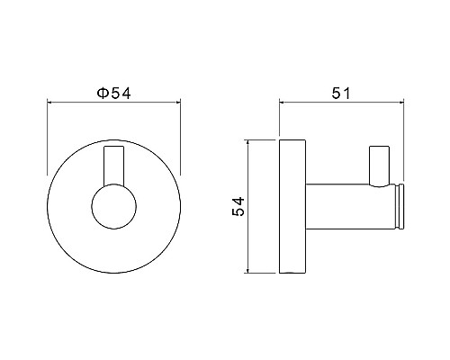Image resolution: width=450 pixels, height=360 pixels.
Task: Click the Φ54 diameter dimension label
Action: [114, 93]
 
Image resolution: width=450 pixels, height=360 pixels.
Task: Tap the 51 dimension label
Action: [341, 94]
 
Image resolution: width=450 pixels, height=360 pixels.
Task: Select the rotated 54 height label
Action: [238, 206]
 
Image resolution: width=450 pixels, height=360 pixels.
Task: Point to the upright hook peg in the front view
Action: [114, 166]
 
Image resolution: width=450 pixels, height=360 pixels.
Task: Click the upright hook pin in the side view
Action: [380, 166]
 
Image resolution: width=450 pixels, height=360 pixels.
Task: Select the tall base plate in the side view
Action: [292, 206]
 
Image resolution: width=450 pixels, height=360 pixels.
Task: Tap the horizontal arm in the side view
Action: [349, 206]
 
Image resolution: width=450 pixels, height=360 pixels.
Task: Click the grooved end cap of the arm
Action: [400, 206]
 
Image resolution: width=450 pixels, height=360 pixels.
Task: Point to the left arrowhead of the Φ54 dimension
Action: [50, 103]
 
